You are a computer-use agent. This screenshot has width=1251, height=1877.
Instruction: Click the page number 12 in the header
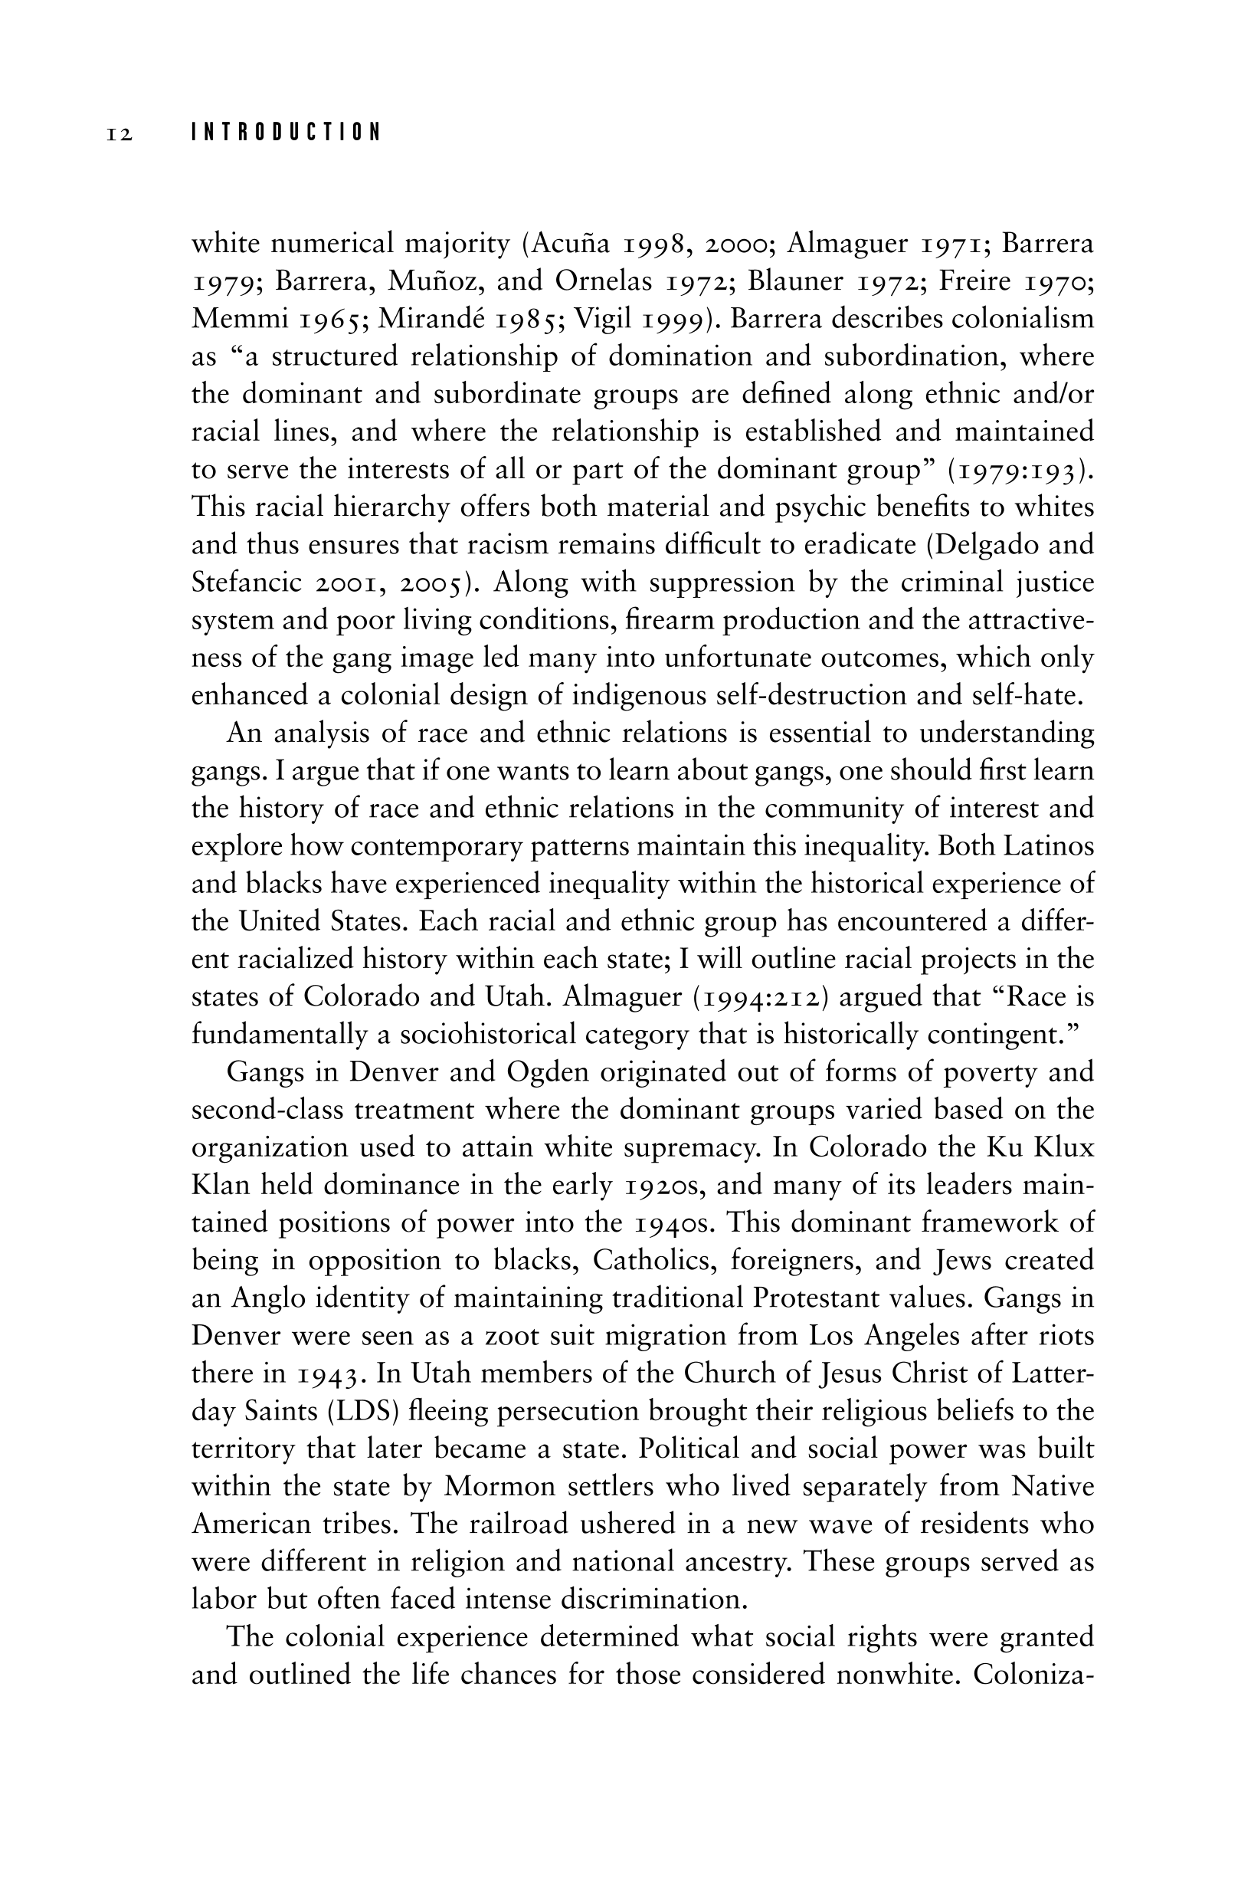pos(119,133)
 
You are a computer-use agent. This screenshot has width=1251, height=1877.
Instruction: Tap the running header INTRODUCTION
pos(286,133)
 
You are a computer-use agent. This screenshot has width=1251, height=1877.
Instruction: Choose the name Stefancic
pos(247,582)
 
